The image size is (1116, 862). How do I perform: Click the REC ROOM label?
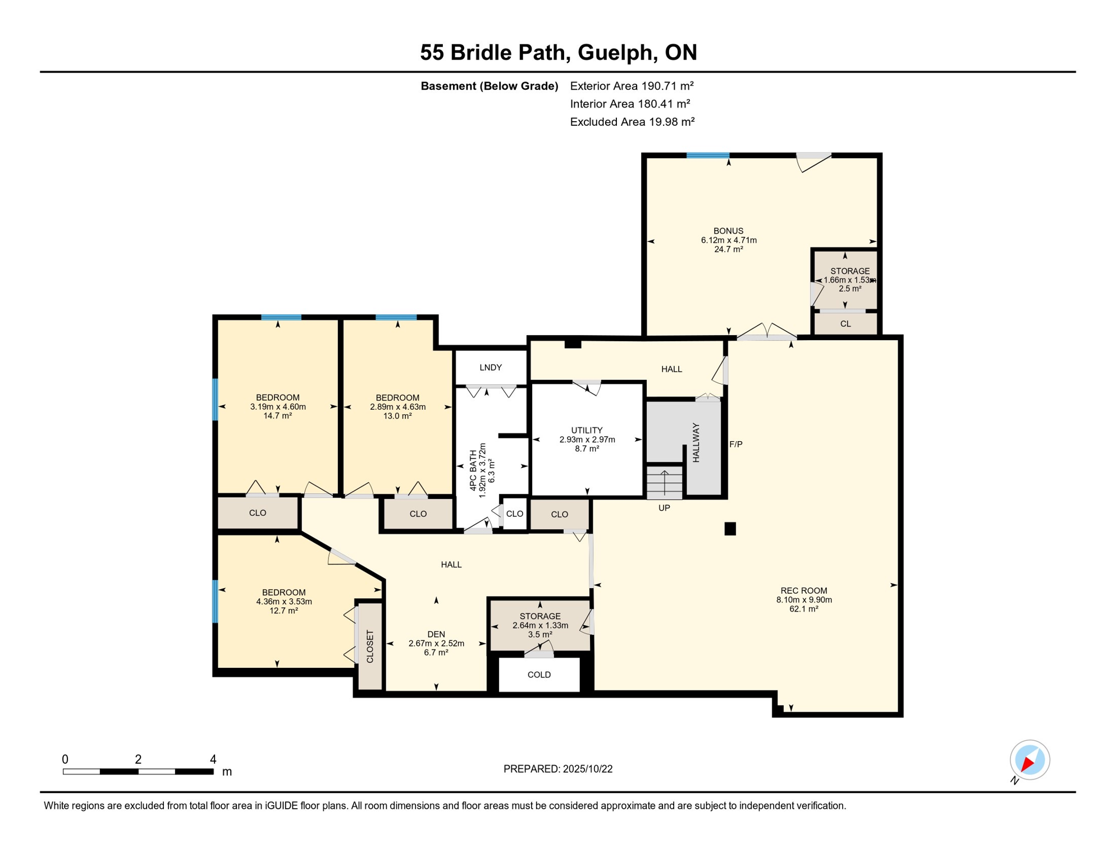pyautogui.click(x=803, y=590)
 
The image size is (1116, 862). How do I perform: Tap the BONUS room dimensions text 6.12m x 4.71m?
pyautogui.click(x=728, y=240)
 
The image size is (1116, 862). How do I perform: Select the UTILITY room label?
pyautogui.click(x=587, y=430)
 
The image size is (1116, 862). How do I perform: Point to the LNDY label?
pyautogui.click(x=490, y=368)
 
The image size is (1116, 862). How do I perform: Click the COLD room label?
pyautogui.click(x=539, y=675)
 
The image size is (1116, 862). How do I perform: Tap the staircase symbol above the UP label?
pyautogui.click(x=664, y=483)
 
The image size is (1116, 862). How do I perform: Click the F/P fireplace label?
pyautogui.click(x=735, y=444)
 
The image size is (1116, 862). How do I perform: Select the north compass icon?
pyautogui.click(x=1029, y=760)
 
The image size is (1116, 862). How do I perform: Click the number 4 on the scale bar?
pyautogui.click(x=213, y=759)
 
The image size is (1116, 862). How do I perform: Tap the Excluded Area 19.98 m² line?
pyautogui.click(x=632, y=122)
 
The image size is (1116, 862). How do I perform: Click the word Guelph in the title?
pyautogui.click(x=615, y=52)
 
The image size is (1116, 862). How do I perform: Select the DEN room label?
pyautogui.click(x=436, y=634)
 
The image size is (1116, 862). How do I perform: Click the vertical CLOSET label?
pyautogui.click(x=370, y=646)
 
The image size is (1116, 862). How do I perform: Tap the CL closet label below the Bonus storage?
pyautogui.click(x=845, y=324)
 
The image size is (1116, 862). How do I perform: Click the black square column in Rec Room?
pyautogui.click(x=730, y=529)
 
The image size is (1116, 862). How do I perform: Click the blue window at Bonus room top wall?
pyautogui.click(x=707, y=155)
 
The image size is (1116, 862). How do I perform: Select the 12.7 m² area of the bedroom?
pyautogui.click(x=283, y=611)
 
